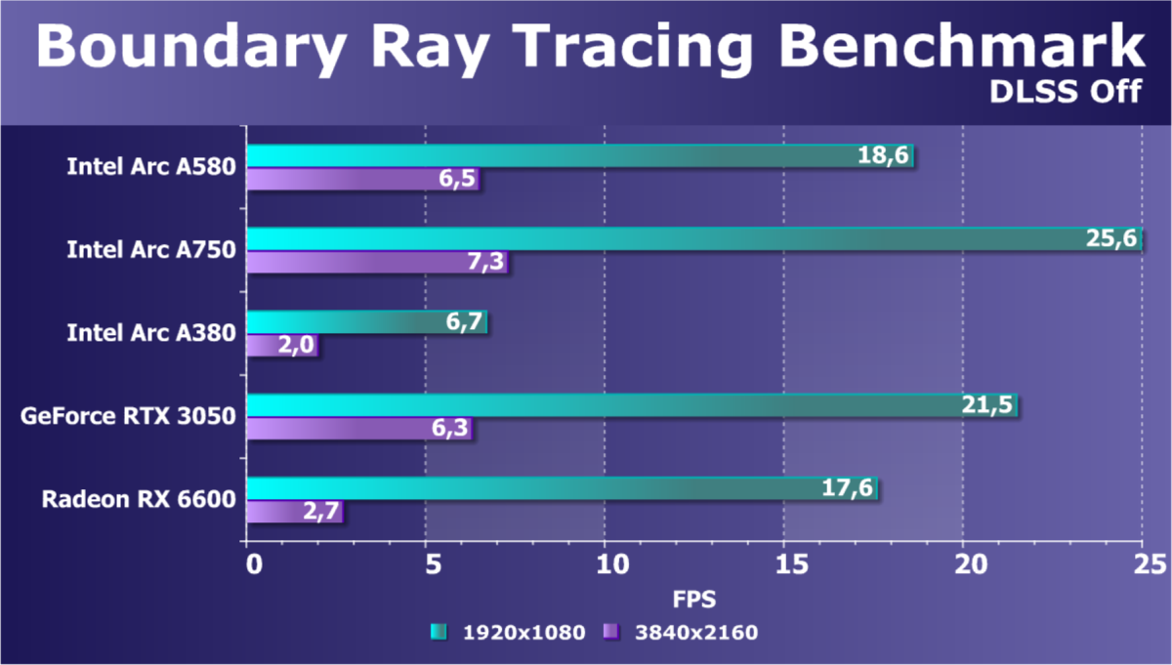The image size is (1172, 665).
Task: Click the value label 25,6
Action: [x=1111, y=240]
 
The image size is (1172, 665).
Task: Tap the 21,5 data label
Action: [x=987, y=406]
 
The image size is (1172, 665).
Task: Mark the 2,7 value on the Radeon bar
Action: [x=317, y=513]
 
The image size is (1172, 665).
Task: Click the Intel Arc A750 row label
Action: [x=150, y=250]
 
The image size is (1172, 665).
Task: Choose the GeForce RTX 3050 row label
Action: [x=128, y=417]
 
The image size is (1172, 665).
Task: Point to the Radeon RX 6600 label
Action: [x=139, y=500]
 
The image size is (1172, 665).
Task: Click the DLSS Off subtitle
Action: [x=1066, y=91]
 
